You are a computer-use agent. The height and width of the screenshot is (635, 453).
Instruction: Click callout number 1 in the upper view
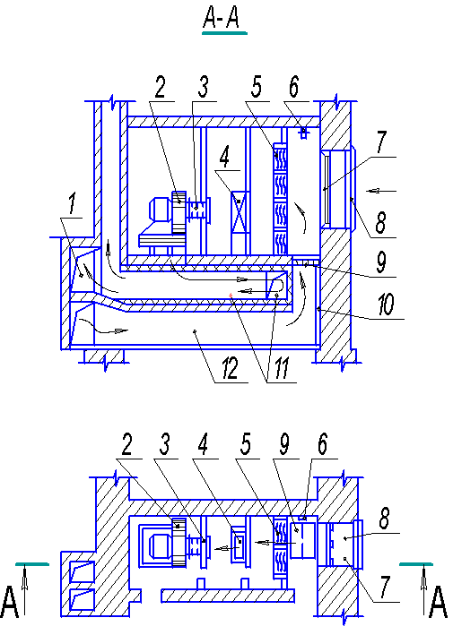72,203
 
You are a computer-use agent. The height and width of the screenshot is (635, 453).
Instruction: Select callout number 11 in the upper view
282,369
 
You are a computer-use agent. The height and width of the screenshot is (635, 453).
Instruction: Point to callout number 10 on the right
386,305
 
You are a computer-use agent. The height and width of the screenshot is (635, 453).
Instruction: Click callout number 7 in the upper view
380,142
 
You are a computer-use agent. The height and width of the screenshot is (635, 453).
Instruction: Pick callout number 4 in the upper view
224,157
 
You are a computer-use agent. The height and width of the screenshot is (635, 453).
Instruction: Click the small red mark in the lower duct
231,296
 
